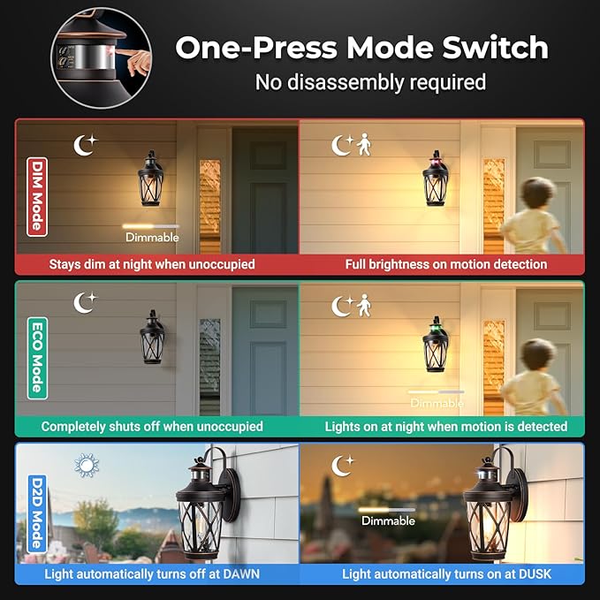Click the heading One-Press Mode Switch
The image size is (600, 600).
tap(361, 48)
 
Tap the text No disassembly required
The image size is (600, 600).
tap(370, 82)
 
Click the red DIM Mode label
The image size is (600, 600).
tap(36, 197)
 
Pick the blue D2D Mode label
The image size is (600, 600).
tap(36, 512)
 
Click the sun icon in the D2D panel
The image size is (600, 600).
tap(86, 465)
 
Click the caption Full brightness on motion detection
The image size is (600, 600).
tap(445, 264)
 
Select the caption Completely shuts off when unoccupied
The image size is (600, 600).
tap(152, 426)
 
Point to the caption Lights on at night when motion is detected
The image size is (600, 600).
tap(445, 426)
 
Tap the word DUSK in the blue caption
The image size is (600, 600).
tap(532, 573)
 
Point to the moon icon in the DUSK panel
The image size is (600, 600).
tap(342, 464)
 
